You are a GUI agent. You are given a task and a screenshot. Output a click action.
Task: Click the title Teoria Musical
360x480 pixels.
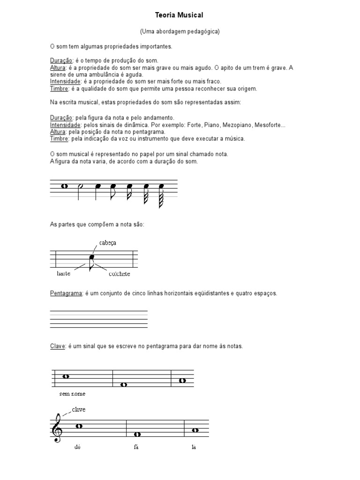click(180, 15)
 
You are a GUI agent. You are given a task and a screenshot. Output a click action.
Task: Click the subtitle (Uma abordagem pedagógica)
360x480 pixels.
click(180, 31)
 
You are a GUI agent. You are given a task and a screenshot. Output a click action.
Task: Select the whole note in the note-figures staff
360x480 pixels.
click(65, 186)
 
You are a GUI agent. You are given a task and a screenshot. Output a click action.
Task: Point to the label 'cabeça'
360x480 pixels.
click(107, 243)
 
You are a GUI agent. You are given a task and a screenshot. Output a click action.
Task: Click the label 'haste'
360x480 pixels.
click(63, 274)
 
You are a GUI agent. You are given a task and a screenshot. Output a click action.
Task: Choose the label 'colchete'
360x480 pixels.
click(119, 274)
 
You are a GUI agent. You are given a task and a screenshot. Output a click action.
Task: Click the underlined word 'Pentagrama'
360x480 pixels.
click(66, 293)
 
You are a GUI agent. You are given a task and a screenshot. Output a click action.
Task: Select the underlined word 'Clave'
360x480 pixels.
click(58, 346)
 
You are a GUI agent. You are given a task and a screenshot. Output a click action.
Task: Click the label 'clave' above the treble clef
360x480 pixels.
click(79, 409)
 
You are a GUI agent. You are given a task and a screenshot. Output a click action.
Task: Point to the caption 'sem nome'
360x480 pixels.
click(72, 394)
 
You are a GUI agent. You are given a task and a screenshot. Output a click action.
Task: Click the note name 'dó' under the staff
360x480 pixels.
click(77, 447)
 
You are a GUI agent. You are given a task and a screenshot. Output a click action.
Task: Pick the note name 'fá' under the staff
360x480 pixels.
click(136, 447)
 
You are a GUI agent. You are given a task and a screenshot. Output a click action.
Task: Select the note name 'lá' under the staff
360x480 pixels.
click(193, 447)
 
